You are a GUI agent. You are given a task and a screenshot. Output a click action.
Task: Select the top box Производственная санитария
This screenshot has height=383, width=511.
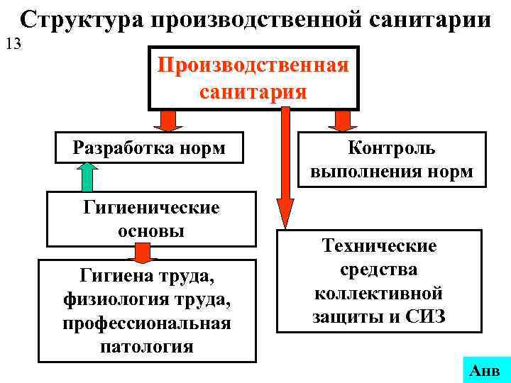pos(253,78)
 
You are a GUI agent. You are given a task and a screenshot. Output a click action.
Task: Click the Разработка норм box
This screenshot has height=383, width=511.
pos(149,148)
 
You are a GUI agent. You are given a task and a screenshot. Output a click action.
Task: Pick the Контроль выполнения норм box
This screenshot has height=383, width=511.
pos(392,160)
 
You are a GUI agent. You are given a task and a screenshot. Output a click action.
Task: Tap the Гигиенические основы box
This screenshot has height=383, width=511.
pos(151,219)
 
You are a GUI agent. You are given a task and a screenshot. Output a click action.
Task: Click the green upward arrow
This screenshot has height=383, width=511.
pos(87,176)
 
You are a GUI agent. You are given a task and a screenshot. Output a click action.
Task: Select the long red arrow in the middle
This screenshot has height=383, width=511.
pos(285,170)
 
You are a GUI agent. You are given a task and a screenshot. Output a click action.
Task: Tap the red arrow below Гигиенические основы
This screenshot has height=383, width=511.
pos(144,252)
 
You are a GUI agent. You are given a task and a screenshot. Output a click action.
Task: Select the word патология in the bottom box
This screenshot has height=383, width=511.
pos(148,347)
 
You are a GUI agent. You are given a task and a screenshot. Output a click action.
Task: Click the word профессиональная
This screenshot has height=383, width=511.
pos(147,323)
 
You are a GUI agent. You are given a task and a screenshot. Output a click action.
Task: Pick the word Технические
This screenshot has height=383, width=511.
pos(380,246)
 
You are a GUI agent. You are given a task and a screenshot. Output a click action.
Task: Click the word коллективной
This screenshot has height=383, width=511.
pos(379,293)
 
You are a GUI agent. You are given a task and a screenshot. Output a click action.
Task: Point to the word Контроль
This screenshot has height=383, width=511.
pos(392,148)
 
